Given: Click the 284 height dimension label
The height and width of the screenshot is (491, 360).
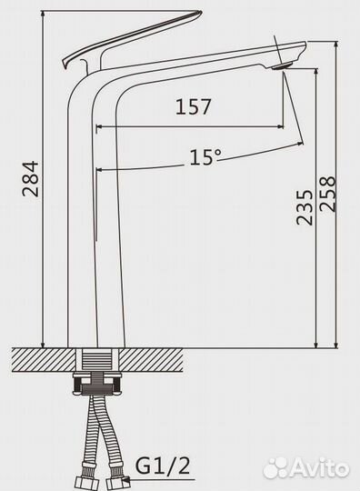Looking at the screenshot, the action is tap(30, 179).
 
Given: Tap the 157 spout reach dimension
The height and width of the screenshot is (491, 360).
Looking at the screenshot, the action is tap(193, 106).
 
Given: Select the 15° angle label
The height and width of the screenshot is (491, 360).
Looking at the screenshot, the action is tap(205, 156).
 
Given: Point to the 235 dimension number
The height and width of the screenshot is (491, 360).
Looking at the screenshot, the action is tap(305, 207).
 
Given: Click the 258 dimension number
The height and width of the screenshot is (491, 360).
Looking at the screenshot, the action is tap(327, 194).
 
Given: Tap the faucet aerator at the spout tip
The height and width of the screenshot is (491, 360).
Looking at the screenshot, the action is tap(282, 66).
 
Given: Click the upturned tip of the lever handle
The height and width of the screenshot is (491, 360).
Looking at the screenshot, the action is tap(198, 13).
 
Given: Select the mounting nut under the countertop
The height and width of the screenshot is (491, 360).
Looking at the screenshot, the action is tap(96, 385).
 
